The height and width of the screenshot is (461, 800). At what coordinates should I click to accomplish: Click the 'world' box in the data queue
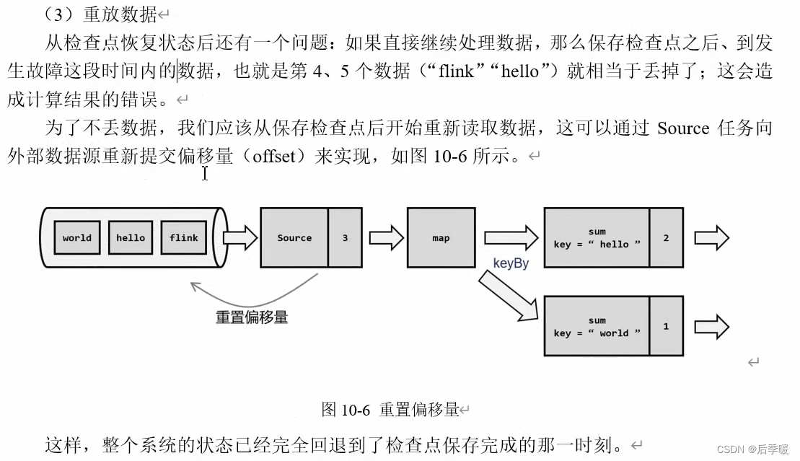(x=77, y=237)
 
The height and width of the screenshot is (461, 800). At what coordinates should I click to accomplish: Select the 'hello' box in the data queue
(x=131, y=237)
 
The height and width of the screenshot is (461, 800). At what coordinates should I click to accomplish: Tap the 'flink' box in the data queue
(x=184, y=237)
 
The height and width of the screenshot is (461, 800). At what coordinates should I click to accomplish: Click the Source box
(x=294, y=237)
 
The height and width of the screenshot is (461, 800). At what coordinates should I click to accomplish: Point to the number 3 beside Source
(x=345, y=237)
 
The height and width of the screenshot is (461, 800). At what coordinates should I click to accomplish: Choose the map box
(x=441, y=237)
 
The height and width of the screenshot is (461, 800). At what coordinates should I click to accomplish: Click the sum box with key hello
(x=597, y=237)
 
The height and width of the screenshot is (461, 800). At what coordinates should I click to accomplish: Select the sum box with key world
(x=597, y=326)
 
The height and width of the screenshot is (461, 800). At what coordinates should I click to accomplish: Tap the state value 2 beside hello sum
(x=666, y=237)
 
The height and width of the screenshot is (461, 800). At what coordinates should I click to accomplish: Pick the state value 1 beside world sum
(x=666, y=326)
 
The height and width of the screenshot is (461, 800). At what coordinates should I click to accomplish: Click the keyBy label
(x=511, y=263)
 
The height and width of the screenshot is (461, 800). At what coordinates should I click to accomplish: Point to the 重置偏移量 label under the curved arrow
(x=252, y=317)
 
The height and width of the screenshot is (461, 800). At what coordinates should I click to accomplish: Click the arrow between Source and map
(x=386, y=237)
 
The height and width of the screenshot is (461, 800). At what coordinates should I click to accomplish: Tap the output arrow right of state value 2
(x=711, y=237)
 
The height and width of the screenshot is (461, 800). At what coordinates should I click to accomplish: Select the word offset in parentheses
(x=273, y=157)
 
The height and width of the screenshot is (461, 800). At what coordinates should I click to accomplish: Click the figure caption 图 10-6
(x=346, y=410)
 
